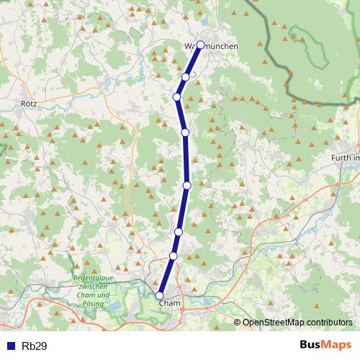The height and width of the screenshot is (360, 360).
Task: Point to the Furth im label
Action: point(344,158)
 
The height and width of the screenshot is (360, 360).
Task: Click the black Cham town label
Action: point(168,303)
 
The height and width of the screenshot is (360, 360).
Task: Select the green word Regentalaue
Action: point(93,279)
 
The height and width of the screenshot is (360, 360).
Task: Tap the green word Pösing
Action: point(94,304)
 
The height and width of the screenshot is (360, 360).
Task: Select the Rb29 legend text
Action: point(35,346)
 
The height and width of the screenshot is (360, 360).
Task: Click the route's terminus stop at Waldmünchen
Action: point(200,45)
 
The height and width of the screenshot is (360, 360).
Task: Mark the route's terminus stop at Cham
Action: point(160,294)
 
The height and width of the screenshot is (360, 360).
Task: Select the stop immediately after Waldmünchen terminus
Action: point(186,77)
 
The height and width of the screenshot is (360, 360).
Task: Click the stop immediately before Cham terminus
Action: point(173,256)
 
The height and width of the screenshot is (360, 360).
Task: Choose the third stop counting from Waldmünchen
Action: point(176,97)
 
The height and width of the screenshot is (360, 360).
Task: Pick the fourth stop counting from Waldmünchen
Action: point(185,132)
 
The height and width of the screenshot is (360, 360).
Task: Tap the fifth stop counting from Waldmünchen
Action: point(186,185)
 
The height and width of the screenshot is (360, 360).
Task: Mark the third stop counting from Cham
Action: point(178,231)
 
